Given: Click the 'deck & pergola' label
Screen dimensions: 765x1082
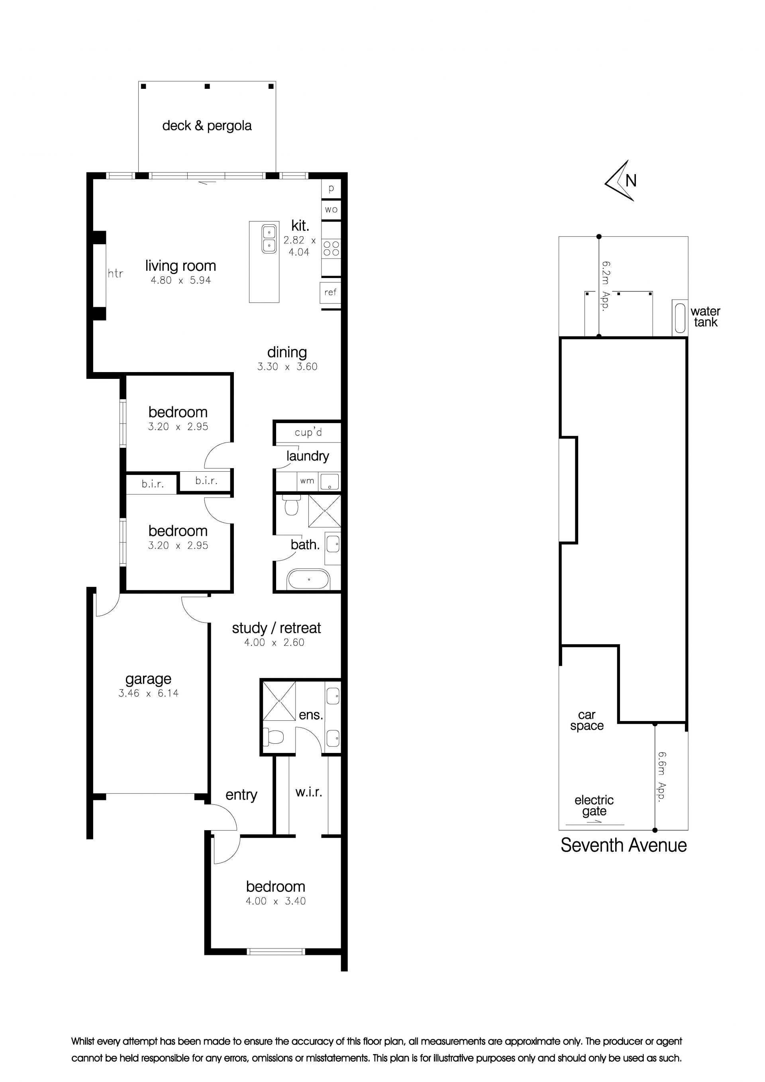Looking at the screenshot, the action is tap(207, 126).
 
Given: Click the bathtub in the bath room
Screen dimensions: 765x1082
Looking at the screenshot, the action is tap(309, 579).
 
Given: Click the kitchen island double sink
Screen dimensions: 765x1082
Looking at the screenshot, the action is tap(269, 239).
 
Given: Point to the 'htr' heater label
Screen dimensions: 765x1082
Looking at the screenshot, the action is tap(115, 273).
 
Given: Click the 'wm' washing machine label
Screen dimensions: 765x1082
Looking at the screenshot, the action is tap(307, 481).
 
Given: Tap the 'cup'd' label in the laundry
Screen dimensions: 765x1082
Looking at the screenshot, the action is tap(308, 433).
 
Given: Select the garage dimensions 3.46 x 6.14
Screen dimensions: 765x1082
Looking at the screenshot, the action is tap(149, 693).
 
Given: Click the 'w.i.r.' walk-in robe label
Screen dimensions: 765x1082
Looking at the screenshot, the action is tap(309, 792).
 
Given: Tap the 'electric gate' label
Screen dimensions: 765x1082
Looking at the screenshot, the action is tap(594, 806).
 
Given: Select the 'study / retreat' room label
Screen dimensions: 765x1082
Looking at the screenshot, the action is tap(276, 628).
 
